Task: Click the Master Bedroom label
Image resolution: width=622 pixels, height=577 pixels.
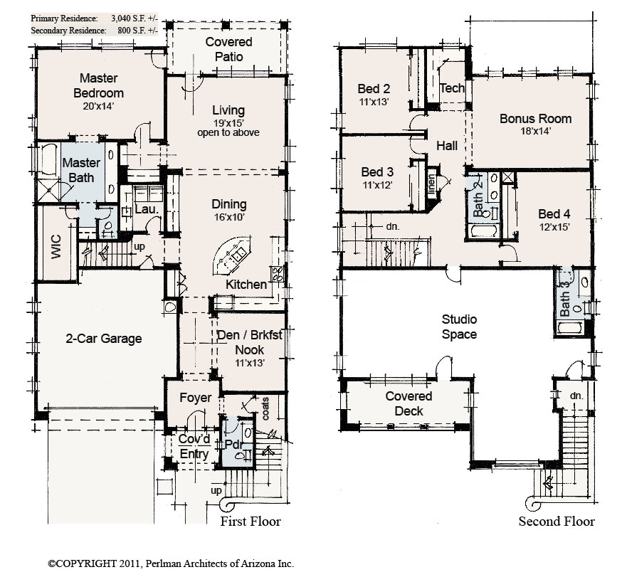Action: pyautogui.click(x=98, y=85)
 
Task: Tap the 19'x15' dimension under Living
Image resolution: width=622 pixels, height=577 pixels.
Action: pyautogui.click(x=228, y=122)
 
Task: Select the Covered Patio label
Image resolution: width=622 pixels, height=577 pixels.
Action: pyautogui.click(x=228, y=49)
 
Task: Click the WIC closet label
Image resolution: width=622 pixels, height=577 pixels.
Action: pyautogui.click(x=56, y=247)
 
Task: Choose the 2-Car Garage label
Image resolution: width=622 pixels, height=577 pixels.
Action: pyautogui.click(x=103, y=339)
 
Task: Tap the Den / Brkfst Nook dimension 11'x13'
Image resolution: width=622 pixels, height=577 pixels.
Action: pyautogui.click(x=250, y=362)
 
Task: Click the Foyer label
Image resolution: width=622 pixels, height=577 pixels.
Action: pyautogui.click(x=195, y=398)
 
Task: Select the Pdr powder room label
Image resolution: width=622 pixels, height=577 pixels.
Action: pyautogui.click(x=233, y=445)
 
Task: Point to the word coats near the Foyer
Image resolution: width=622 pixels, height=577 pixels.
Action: pyautogui.click(x=265, y=409)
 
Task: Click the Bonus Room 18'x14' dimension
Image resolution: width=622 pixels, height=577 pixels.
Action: pyautogui.click(x=535, y=131)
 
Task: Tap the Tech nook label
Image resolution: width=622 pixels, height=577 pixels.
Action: pyautogui.click(x=452, y=88)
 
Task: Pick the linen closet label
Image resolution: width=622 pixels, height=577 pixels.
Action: pyautogui.click(x=431, y=184)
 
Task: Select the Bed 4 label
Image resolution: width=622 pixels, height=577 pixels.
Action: pyautogui.click(x=554, y=214)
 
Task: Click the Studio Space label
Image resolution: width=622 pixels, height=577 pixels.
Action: pyautogui.click(x=459, y=327)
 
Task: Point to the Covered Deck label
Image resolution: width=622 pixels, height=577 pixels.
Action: pyautogui.click(x=408, y=403)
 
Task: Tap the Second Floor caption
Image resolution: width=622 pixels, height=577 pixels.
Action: pyautogui.click(x=557, y=522)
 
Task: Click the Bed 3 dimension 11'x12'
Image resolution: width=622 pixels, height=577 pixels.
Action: pyautogui.click(x=377, y=185)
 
